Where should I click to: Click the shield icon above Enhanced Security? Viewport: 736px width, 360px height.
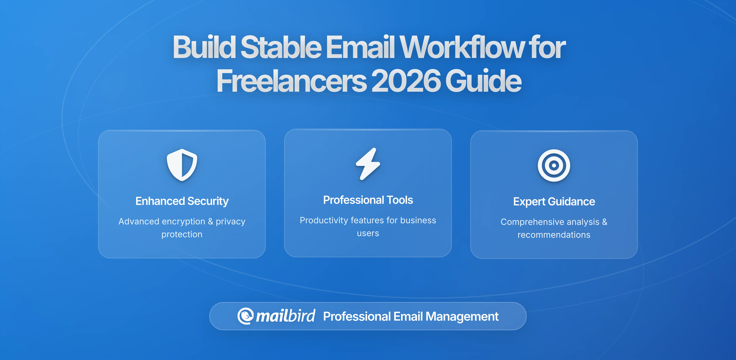click(x=182, y=165)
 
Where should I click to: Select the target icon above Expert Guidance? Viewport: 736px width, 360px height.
click(x=554, y=165)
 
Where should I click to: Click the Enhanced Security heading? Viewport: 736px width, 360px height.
click(x=182, y=201)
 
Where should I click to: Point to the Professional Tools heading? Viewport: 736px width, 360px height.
click(x=368, y=200)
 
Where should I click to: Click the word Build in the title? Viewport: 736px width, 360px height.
click(x=204, y=47)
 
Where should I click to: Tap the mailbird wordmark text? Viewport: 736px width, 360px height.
click(x=285, y=316)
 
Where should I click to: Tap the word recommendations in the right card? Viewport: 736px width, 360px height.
click(x=554, y=235)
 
